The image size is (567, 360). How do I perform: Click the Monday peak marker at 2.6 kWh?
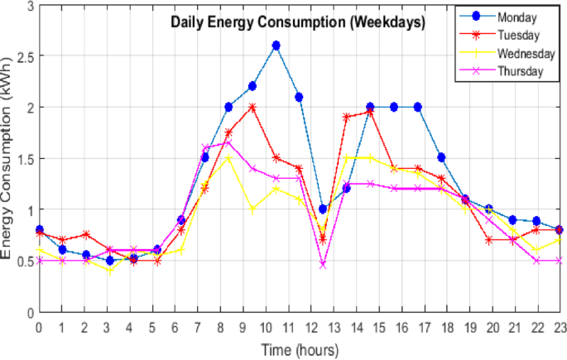click(276, 46)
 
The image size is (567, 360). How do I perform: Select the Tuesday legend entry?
click(518, 36)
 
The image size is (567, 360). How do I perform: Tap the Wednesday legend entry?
click(524, 54)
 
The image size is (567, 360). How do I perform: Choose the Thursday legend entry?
click(520, 71)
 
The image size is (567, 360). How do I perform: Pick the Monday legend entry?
click(517, 17)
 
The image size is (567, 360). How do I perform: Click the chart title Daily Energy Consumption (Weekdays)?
click(298, 23)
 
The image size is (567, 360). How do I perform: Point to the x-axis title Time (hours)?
click(300, 350)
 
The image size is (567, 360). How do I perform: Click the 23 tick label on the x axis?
click(560, 327)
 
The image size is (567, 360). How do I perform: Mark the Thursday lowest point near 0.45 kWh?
click(323, 265)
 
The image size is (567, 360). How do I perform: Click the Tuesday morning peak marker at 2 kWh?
click(252, 107)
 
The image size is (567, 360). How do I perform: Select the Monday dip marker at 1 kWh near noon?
click(323, 209)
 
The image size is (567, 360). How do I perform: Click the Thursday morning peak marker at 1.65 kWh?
click(228, 143)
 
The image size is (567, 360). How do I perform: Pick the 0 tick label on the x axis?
click(39, 327)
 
